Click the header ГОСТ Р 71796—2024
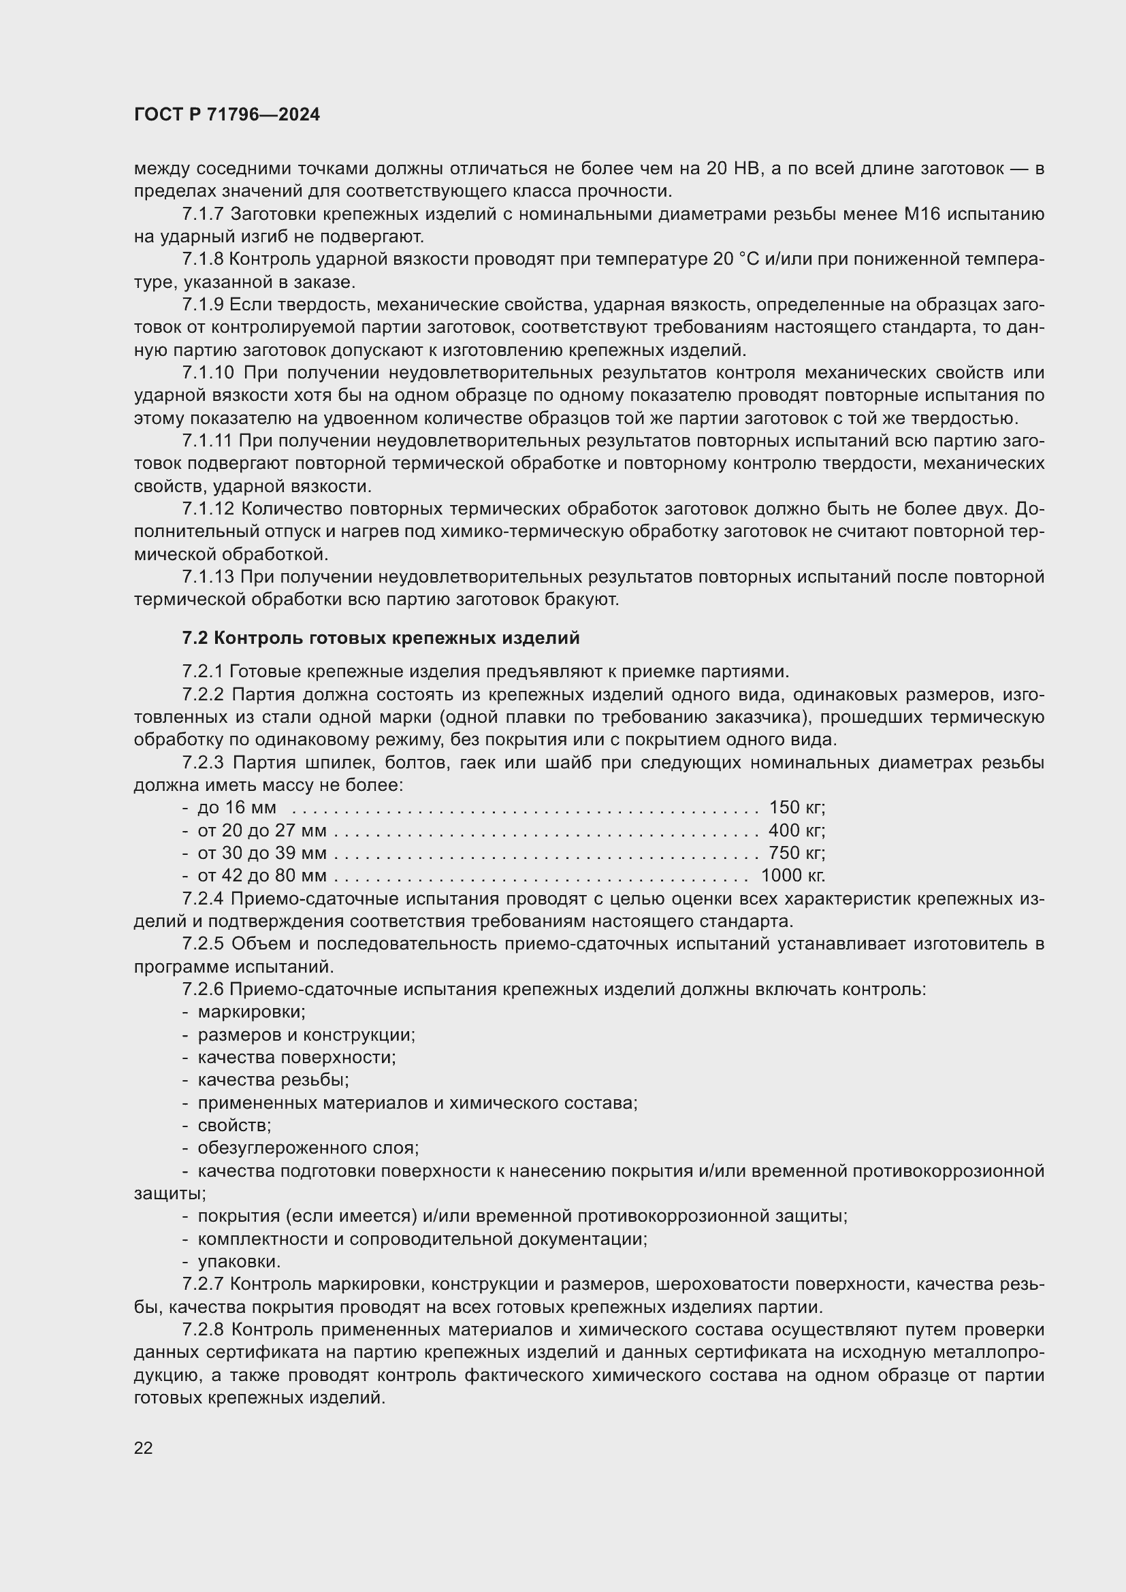click(x=227, y=115)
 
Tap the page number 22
click(x=143, y=1448)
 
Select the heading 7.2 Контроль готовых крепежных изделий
click(x=381, y=638)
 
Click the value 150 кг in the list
click(x=797, y=807)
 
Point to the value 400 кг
click(x=797, y=830)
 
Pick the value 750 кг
click(x=797, y=852)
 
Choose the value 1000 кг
click(x=792, y=875)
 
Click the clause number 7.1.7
click(x=203, y=214)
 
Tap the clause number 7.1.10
click(x=208, y=373)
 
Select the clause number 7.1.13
click(x=208, y=577)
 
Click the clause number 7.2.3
click(x=203, y=763)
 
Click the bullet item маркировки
click(x=251, y=1011)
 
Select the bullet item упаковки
click(x=238, y=1261)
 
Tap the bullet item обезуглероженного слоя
click(x=308, y=1148)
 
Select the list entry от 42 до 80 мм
click(x=261, y=875)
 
